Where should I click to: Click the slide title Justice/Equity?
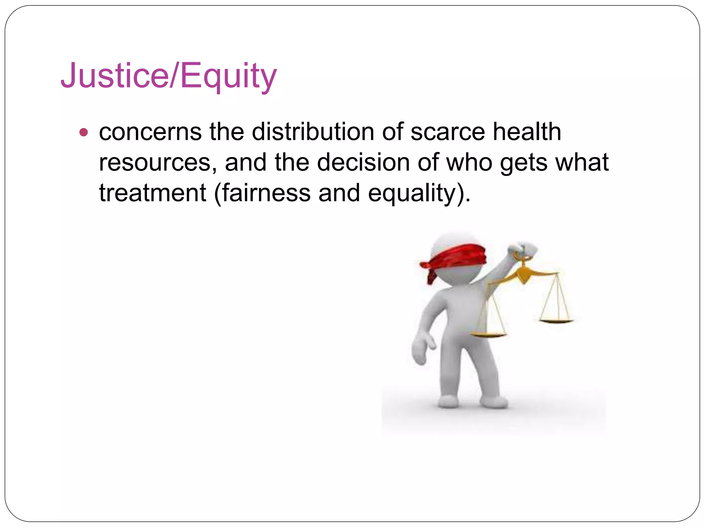click(169, 75)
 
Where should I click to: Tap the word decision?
click(363, 162)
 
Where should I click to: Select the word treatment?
click(152, 193)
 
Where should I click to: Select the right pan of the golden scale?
click(556, 321)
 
